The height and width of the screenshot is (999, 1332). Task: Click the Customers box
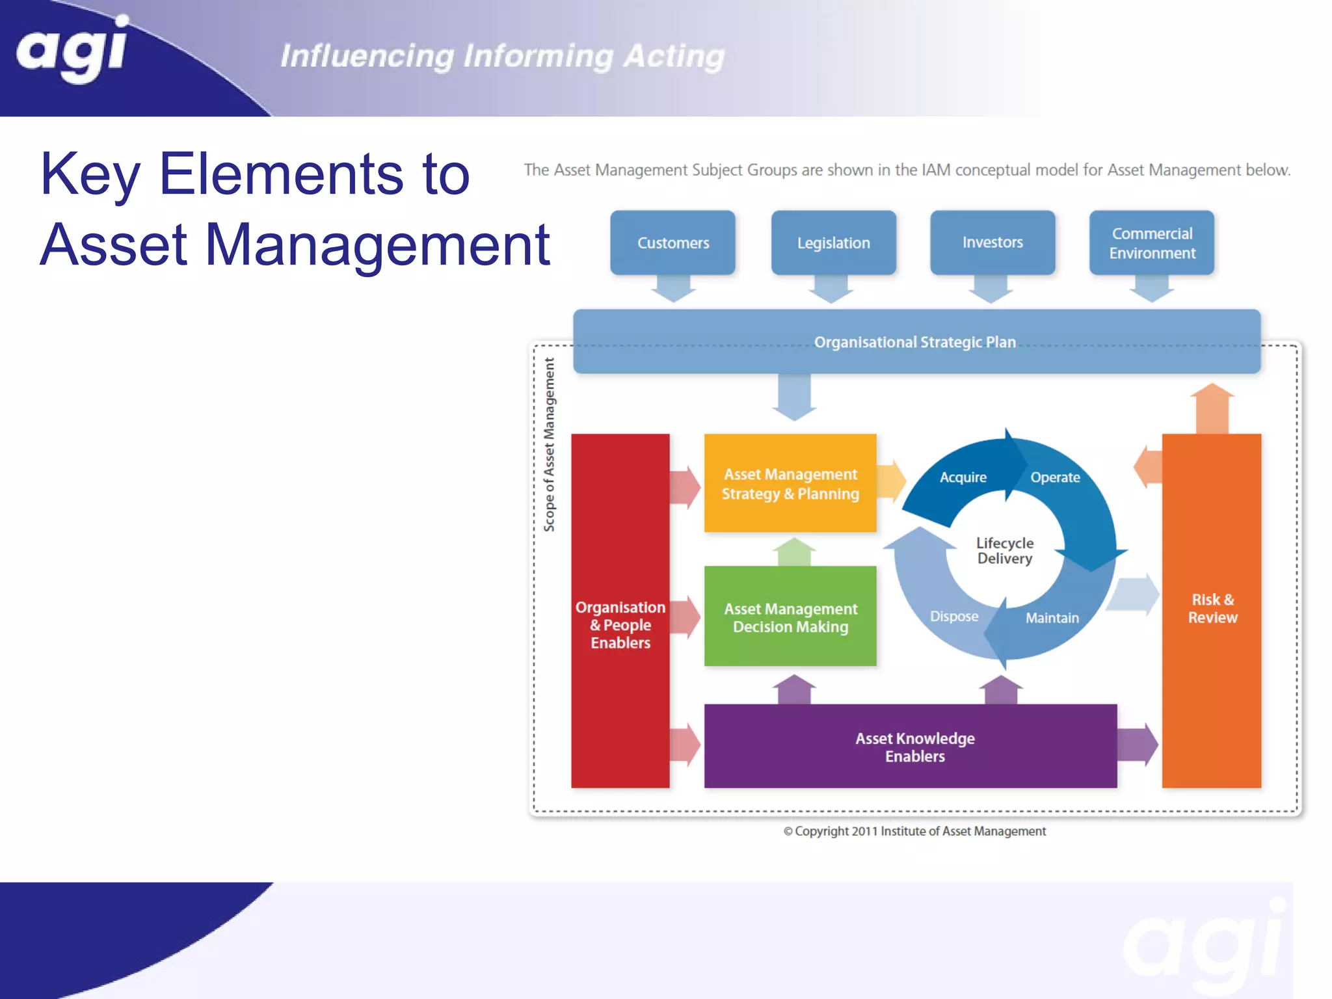pyautogui.click(x=673, y=243)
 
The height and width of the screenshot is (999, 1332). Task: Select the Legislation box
pyautogui.click(x=833, y=243)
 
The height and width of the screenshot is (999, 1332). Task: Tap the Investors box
pyautogui.click(x=992, y=242)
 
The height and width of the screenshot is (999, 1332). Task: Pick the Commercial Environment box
pyautogui.click(x=1151, y=243)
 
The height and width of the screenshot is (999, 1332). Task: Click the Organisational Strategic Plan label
pyautogui.click(x=914, y=342)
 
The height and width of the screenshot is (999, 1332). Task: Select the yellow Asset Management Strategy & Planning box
pyautogui.click(x=790, y=483)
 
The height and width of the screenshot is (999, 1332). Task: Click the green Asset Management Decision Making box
pyautogui.click(x=790, y=617)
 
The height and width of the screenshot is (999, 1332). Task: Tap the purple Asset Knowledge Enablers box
pyautogui.click(x=914, y=747)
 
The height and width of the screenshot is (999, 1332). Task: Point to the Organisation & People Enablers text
pyautogui.click(x=620, y=624)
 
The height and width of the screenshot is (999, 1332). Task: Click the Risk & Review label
pyautogui.click(x=1212, y=608)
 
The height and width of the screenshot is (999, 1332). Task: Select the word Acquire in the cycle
pyautogui.click(x=963, y=477)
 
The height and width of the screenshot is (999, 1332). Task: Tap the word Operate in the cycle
pyautogui.click(x=1054, y=477)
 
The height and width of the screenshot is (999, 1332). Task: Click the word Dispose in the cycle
pyautogui.click(x=953, y=616)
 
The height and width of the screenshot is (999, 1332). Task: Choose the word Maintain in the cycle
pyautogui.click(x=1052, y=618)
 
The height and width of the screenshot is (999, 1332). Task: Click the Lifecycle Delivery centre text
pyautogui.click(x=1004, y=550)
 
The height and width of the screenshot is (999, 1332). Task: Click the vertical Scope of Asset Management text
pyautogui.click(x=550, y=445)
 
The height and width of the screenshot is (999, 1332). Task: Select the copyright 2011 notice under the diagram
pyautogui.click(x=914, y=831)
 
